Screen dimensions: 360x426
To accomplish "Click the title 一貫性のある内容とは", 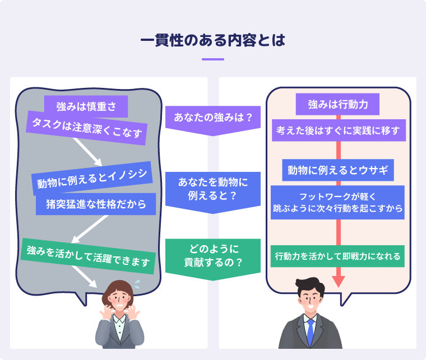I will [213, 41].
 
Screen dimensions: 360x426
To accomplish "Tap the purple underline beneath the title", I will [213, 59].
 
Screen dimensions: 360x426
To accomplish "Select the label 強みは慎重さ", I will [86, 106].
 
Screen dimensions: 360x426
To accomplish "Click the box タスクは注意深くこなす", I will [86, 129].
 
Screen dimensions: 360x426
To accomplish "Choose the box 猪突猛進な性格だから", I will [95, 204].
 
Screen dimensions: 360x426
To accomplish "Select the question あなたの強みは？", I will [213, 118].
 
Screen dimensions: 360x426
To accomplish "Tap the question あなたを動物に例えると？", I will [213, 189].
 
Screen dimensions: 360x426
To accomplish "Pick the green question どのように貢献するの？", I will [213, 255].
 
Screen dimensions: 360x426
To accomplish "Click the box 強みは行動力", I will [338, 104].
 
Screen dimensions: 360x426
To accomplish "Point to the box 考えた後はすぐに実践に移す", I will [338, 130].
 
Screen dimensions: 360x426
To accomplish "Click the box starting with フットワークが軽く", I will [338, 202].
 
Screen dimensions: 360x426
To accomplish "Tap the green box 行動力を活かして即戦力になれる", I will [338, 256].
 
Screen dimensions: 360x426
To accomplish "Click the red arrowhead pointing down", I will [338, 279].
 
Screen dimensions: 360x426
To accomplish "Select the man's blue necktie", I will [310, 333].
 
